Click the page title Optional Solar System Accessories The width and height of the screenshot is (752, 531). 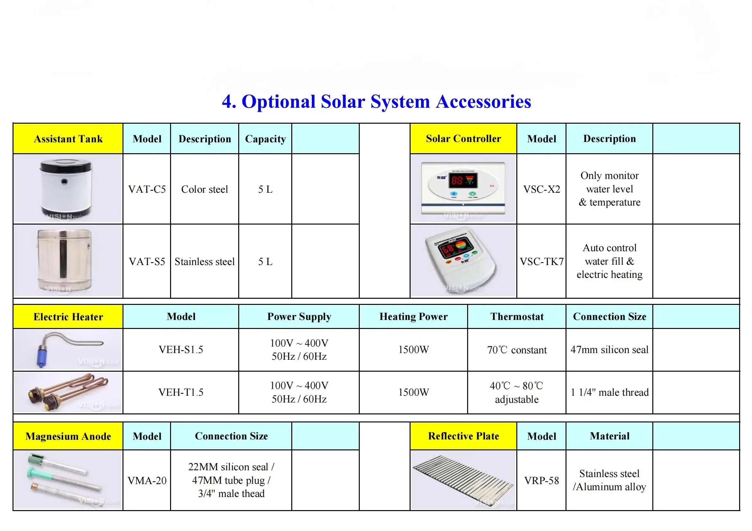pos(376,102)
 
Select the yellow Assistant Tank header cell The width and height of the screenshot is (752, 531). pos(68,139)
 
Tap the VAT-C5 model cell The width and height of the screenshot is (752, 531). pos(147,189)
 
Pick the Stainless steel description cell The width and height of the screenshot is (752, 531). pos(204,261)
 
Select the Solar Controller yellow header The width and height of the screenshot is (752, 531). pos(463,138)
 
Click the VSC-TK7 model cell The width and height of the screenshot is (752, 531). pos(541,261)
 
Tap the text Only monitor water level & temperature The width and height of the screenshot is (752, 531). pos(609,189)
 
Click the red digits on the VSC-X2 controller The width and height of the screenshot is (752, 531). pos(457,180)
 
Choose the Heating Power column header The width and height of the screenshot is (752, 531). pos(413,316)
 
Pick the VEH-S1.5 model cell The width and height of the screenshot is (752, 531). pos(181,350)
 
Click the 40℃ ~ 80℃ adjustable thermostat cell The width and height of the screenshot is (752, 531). pos(517,392)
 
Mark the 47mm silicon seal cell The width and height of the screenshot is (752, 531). pos(609,350)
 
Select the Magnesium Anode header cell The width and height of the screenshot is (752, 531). pos(68,436)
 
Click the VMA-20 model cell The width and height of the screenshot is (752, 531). pos(147,480)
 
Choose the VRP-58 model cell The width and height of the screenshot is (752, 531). pos(541,480)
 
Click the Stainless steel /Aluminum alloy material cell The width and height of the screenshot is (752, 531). pos(609,480)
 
